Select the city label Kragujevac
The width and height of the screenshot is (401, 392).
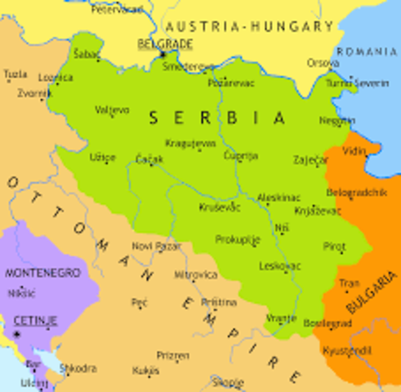point(190,143)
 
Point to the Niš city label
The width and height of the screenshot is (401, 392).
point(282,228)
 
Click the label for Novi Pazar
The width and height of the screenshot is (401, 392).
point(154,246)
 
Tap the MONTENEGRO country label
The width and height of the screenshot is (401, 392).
point(42,272)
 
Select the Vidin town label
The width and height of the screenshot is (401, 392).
point(354,152)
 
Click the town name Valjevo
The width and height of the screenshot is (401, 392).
point(112,109)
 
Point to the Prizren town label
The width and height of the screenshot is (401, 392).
point(172,357)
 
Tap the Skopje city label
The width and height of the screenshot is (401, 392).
point(227,381)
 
